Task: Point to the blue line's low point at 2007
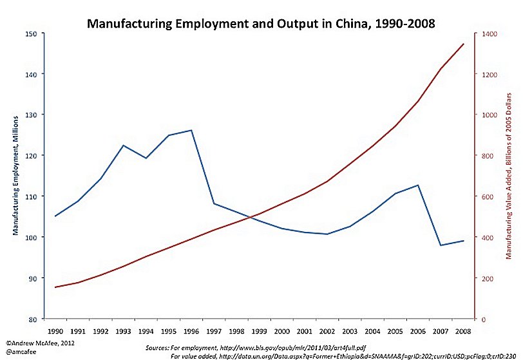(x=441, y=245)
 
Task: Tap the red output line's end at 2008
(x=464, y=44)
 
